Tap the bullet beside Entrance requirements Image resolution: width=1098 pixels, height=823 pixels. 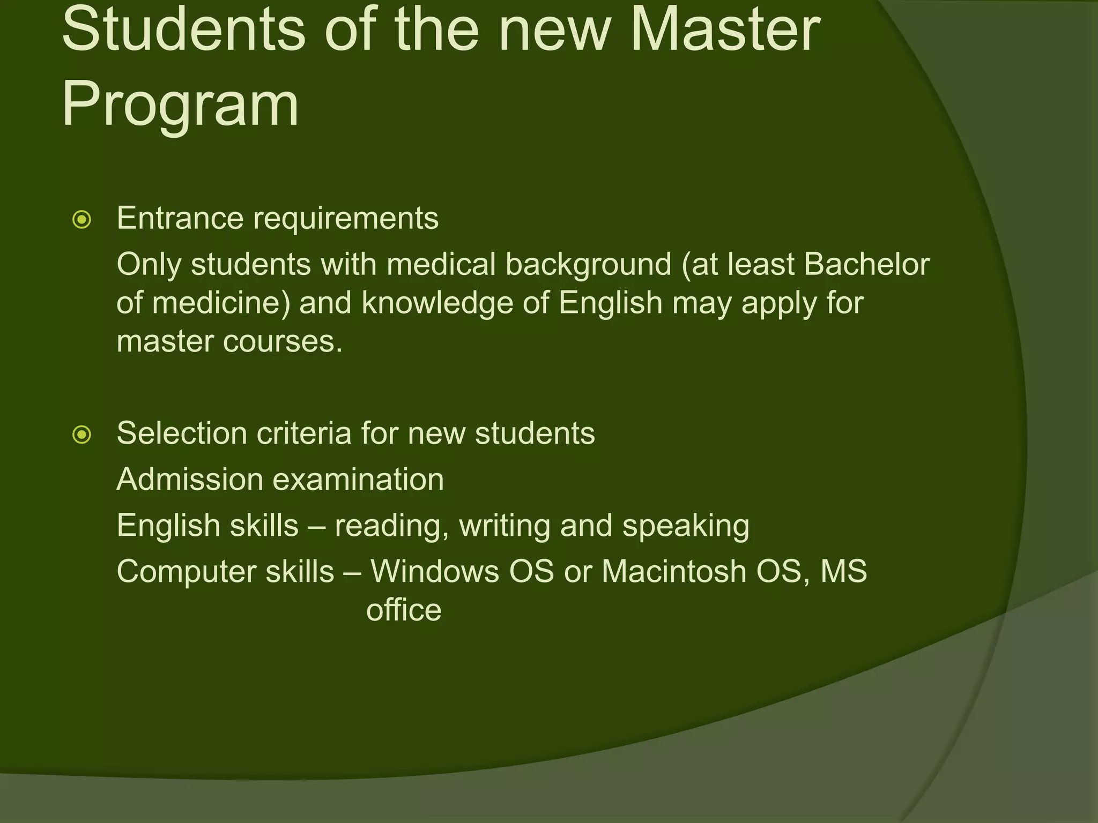(82, 220)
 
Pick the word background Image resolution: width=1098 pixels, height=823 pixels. (588, 265)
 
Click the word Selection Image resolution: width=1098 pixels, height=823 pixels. (182, 433)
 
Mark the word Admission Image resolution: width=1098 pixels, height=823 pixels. (190, 479)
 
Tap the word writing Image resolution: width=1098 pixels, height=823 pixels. (505, 526)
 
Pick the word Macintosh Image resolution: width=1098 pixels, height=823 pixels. (674, 571)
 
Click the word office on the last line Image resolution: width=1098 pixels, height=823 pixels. (404, 610)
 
